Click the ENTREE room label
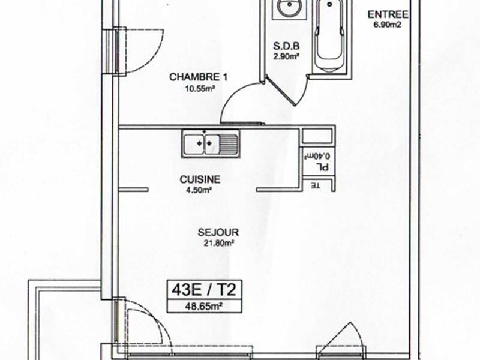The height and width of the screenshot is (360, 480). pyautogui.click(x=388, y=14)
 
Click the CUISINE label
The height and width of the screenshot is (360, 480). pyautogui.click(x=200, y=179)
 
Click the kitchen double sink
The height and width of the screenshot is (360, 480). pyautogui.click(x=210, y=145)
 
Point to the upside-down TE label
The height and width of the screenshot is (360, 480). pyautogui.click(x=314, y=185)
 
